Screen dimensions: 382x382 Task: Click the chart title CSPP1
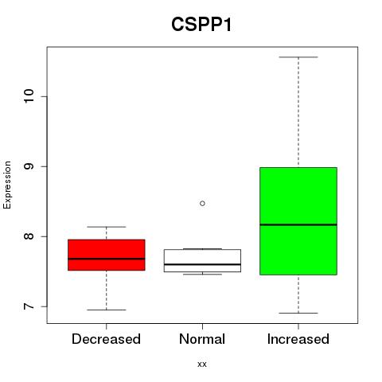(201, 25)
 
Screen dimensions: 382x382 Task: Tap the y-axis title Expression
(7, 185)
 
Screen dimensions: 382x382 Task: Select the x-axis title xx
(202, 364)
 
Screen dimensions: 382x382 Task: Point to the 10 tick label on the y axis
(29, 96)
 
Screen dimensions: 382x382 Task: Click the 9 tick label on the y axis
(29, 166)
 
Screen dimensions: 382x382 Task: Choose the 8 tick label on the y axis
(29, 236)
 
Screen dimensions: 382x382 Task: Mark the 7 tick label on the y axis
(29, 306)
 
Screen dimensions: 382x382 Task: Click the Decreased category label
(106, 339)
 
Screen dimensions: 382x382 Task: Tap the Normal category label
(202, 339)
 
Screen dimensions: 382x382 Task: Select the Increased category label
(298, 339)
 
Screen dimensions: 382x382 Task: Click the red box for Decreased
(107, 255)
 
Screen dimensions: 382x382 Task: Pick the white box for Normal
(202, 260)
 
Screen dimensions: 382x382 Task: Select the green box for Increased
(298, 221)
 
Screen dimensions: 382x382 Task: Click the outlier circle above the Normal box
(202, 204)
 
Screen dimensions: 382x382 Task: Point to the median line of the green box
(298, 224)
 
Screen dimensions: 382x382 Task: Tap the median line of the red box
(107, 259)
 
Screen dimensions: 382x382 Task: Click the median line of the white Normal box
(202, 264)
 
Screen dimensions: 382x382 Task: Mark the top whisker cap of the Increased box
(298, 57)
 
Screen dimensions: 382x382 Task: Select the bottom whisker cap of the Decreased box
(107, 310)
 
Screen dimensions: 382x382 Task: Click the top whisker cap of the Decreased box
(107, 227)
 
